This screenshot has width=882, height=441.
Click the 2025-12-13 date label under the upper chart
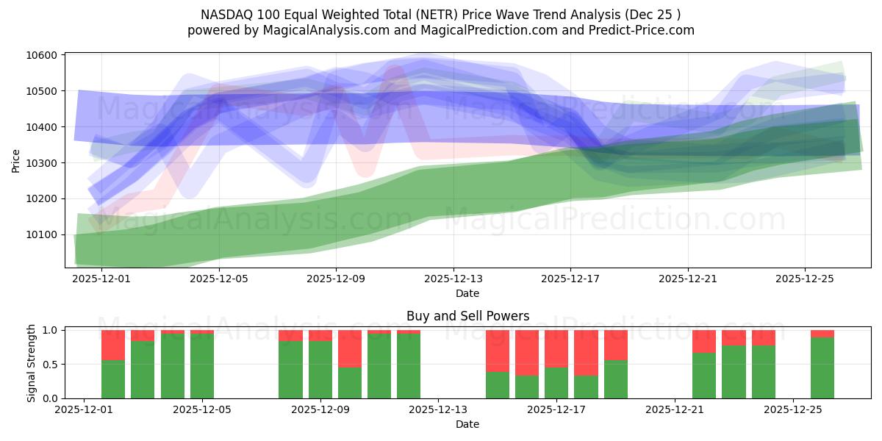[x=453, y=279]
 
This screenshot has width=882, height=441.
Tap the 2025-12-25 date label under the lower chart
[x=793, y=409]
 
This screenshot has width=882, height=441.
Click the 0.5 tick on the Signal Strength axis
[x=51, y=365]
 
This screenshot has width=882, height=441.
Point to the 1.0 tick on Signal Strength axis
[x=51, y=330]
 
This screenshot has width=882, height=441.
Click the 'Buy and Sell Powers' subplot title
[x=467, y=317]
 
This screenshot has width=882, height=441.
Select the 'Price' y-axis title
[x=16, y=160]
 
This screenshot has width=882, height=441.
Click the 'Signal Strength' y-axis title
[x=31, y=362]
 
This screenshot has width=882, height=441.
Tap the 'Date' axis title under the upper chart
[x=467, y=293]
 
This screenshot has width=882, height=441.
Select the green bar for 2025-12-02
[x=113, y=379]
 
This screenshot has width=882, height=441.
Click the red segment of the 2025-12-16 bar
[x=527, y=353]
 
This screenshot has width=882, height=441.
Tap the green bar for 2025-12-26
[x=822, y=367]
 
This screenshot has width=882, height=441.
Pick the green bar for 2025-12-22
[x=704, y=376]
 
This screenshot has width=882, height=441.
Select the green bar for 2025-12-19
[x=616, y=379]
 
